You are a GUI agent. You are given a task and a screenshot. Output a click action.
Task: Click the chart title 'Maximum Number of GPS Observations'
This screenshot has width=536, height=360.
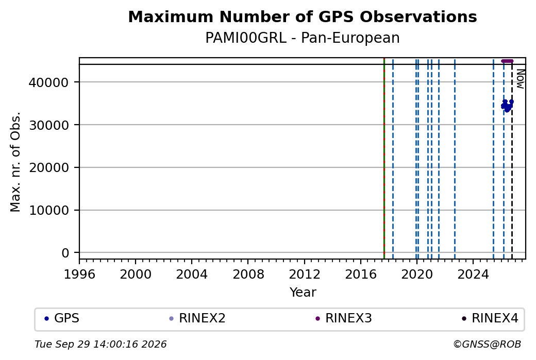pos(303,16)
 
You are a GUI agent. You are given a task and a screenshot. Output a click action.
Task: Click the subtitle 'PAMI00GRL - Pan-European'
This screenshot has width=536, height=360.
pos(303,38)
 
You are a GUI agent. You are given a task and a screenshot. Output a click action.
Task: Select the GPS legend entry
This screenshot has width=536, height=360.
pos(62,318)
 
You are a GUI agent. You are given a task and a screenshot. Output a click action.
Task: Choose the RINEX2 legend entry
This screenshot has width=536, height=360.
pos(197,318)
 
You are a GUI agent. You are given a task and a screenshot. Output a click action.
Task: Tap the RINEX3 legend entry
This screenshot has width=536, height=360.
pos(344,318)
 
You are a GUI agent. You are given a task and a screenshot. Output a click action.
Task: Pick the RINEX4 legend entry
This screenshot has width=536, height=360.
pos(490,318)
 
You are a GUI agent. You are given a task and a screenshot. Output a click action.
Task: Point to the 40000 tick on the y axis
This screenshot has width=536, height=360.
pos(48,82)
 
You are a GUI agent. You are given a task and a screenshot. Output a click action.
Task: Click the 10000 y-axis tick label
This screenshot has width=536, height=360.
pos(48,211)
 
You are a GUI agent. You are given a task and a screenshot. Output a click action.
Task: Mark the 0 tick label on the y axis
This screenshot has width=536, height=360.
pos(65,253)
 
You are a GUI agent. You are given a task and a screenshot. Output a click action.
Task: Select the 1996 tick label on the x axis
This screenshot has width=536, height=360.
pos(79,275)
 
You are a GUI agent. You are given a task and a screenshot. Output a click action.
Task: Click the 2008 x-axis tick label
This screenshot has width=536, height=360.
pos(248,275)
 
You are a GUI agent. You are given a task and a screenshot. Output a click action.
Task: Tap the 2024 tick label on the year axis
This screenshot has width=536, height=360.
pos(473,275)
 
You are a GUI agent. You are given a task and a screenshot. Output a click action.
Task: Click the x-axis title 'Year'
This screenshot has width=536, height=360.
pos(303,293)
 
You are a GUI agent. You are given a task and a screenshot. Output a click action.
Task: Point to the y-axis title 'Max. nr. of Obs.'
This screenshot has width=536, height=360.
pos(15,162)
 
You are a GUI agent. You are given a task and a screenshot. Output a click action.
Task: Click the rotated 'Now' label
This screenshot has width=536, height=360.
pos(520,79)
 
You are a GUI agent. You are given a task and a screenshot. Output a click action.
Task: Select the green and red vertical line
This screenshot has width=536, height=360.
pos(384,159)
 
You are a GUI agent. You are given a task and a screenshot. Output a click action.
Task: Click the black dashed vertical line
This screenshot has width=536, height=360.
pos(512,161)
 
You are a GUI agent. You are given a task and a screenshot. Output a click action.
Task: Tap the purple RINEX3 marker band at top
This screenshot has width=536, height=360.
pos(507,61)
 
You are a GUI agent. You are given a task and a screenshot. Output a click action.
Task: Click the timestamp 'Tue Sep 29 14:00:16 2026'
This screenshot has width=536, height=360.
pos(100,344)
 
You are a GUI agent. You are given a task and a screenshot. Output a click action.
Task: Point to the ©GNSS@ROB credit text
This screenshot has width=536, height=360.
pos(487,344)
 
